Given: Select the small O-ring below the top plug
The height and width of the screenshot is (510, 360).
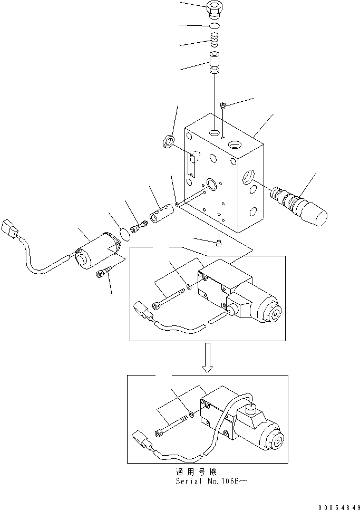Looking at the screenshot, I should coord(215,26).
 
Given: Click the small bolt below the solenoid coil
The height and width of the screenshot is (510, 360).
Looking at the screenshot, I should coord(103,274).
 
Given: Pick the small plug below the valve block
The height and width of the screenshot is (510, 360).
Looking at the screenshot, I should coord(219,242).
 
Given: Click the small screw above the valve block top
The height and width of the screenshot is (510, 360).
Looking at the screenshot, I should coord(225,105).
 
